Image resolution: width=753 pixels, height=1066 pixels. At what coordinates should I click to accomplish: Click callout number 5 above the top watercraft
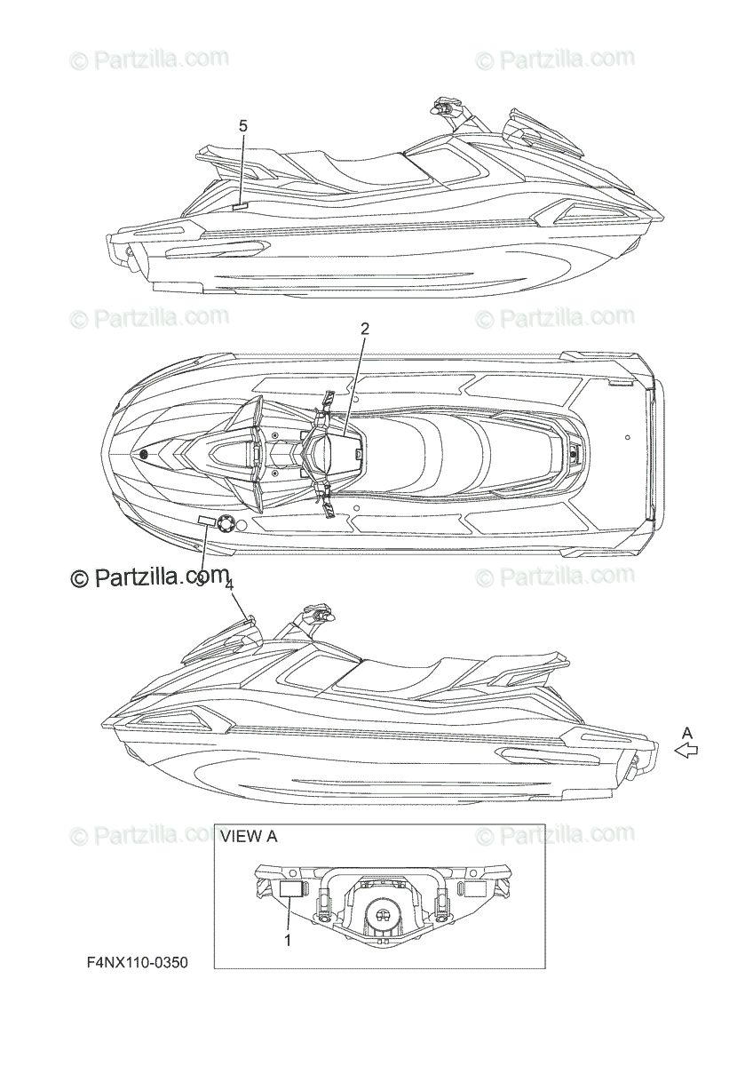243,126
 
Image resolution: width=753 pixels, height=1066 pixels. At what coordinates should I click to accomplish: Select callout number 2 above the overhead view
364,328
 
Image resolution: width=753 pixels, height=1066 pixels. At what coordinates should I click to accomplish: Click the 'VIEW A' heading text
249,836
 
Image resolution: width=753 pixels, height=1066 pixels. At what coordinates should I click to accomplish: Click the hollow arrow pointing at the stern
686,751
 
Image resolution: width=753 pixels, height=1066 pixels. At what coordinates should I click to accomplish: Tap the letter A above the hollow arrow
686,732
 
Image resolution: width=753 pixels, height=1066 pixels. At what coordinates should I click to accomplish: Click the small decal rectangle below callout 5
240,204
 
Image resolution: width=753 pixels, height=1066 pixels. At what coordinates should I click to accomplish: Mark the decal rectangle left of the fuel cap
205,521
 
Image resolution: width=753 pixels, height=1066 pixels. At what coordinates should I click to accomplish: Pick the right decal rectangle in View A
468,888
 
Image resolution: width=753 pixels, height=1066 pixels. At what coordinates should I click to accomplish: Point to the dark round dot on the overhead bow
145,455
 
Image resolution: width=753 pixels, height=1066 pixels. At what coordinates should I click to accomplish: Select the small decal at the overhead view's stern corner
620,385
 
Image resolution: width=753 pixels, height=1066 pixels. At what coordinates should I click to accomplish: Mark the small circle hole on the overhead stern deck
628,438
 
